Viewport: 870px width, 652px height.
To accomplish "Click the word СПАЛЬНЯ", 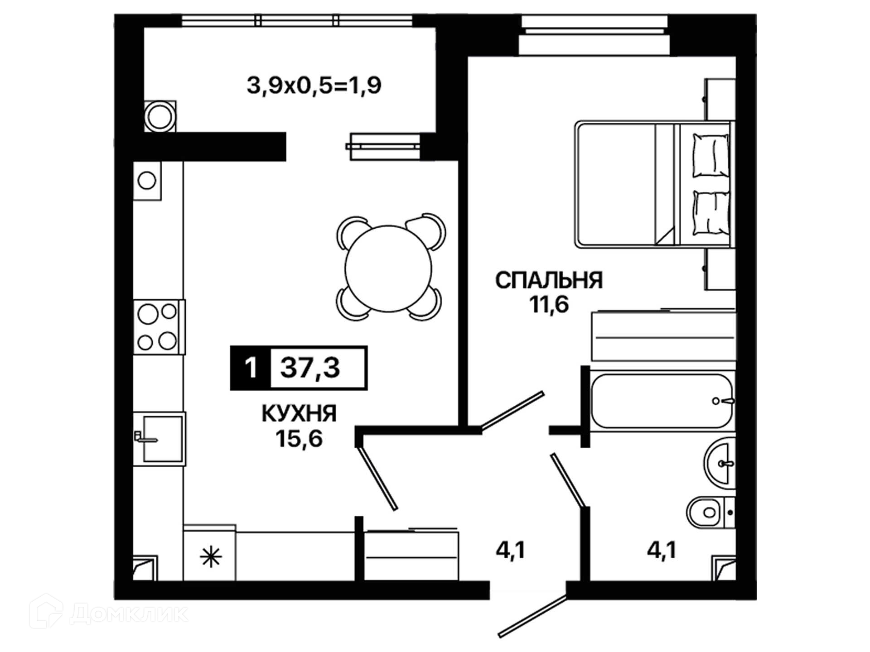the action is tap(549, 280).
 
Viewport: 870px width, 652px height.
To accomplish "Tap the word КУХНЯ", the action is tap(299, 413).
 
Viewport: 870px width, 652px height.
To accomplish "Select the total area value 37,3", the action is tap(310, 367).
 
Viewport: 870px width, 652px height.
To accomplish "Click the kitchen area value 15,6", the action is tap(299, 438).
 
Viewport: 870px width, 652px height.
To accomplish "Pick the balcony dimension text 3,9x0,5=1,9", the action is tap(314, 85).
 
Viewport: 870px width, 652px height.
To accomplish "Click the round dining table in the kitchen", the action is tap(388, 268).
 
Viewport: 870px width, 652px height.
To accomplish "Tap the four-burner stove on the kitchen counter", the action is tap(159, 327).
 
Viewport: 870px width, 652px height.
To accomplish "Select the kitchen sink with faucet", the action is tap(159, 439).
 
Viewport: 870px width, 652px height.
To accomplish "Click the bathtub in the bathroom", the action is tap(662, 401).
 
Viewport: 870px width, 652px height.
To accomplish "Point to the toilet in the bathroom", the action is tap(710, 512).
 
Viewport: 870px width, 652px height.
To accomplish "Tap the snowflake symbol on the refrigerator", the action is tap(211, 557).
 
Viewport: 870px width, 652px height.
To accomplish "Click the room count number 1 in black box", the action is tap(251, 368).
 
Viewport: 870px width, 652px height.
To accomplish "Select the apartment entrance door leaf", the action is tap(533, 617).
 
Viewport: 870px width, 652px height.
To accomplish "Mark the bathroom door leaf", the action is tap(569, 480).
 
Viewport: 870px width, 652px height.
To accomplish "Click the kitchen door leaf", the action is tap(377, 478).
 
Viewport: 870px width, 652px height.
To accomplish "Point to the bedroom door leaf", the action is tap(512, 410).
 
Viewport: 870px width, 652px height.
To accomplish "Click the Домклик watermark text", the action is tap(129, 614).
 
